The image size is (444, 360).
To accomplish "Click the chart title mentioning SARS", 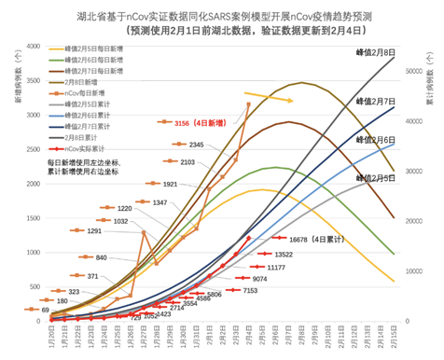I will pos(221,16).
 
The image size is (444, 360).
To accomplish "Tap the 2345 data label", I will pos(196,145).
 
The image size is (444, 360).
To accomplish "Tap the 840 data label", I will pos(100,257).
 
